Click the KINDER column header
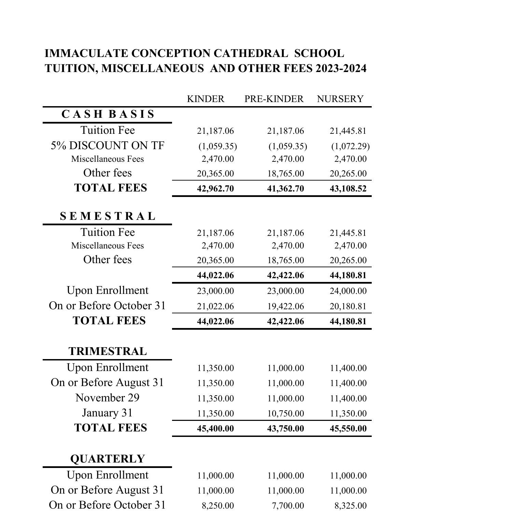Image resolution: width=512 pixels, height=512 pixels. tap(205, 99)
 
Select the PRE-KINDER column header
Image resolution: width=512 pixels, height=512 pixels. tap(274, 99)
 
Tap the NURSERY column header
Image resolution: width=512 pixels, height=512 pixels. tap(340, 99)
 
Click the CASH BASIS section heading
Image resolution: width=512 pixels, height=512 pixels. tap(108, 114)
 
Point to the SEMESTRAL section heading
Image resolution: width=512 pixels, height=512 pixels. tap(108, 216)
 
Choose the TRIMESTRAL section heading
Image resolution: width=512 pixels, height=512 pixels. tap(108, 351)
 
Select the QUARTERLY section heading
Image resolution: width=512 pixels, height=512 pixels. tap(108, 459)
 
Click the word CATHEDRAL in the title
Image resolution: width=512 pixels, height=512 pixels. tap(251, 54)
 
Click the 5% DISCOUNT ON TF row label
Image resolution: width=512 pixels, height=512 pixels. tap(108, 146)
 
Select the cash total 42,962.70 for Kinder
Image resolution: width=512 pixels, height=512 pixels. tap(215, 189)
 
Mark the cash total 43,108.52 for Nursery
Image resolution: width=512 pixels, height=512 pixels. tap(348, 189)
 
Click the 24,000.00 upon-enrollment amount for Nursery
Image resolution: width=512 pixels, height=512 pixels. tap(348, 291)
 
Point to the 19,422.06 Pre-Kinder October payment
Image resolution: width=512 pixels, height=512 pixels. tap(285, 307)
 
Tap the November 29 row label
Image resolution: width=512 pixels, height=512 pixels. tap(108, 398)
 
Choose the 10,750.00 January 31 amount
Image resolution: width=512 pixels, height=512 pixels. tap(285, 414)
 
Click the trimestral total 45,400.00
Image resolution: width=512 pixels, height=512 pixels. tap(215, 429)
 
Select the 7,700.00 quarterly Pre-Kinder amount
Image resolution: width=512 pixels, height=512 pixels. tap(288, 506)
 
